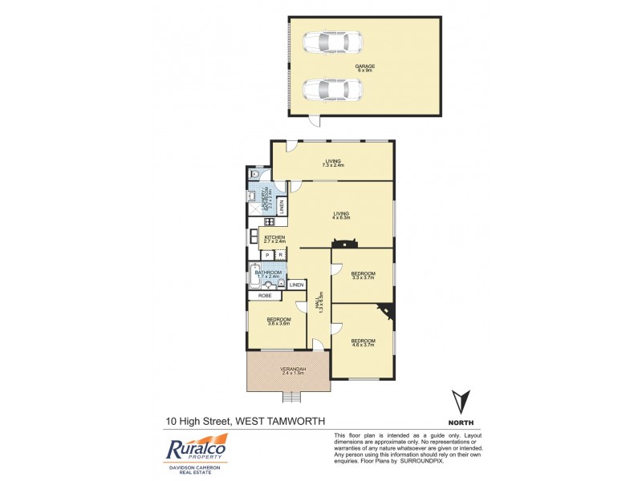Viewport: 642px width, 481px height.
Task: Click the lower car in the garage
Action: point(332,89)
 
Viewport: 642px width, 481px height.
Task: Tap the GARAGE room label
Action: point(365,67)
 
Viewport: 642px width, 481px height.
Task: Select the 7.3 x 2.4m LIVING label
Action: point(334,163)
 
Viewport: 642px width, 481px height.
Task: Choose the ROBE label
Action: point(264,296)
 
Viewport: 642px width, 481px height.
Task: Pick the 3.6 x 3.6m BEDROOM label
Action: point(278,321)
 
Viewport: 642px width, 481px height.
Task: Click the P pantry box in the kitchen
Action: point(266,255)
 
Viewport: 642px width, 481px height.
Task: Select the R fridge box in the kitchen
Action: point(279,255)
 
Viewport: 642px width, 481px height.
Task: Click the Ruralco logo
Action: point(197,449)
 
